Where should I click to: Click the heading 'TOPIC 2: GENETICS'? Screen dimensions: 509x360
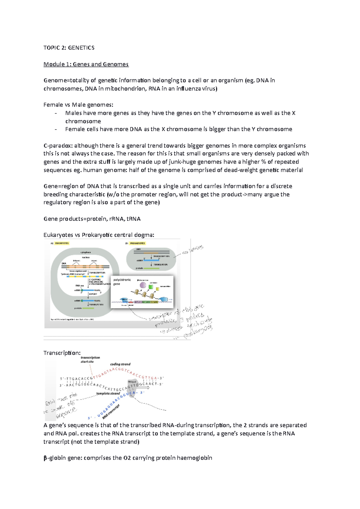click(x=69, y=48)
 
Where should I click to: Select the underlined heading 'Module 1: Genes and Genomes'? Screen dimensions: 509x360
click(x=86, y=64)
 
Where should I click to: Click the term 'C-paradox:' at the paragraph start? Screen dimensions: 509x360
click(x=58, y=146)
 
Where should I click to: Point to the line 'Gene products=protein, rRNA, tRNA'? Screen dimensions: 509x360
click(x=92, y=219)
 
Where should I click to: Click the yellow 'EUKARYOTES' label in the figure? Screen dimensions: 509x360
click(x=62, y=243)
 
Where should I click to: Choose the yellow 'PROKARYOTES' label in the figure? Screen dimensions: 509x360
click(x=138, y=243)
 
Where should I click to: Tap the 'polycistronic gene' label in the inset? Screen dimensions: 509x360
click(x=122, y=282)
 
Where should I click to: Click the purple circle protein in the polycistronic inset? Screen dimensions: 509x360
click(x=143, y=285)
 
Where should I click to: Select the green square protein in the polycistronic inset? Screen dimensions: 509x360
click(x=151, y=287)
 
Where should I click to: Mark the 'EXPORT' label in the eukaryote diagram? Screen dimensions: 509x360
click(x=93, y=294)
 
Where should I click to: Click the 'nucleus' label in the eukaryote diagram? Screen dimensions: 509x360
click(x=86, y=257)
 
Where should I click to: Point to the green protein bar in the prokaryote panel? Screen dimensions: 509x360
click(x=151, y=268)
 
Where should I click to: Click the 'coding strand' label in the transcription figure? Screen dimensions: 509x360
click(x=120, y=364)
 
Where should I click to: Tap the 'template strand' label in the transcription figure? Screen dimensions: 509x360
click(x=108, y=393)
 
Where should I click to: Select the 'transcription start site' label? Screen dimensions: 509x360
click(x=90, y=359)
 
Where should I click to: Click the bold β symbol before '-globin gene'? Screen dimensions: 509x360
click(x=45, y=458)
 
